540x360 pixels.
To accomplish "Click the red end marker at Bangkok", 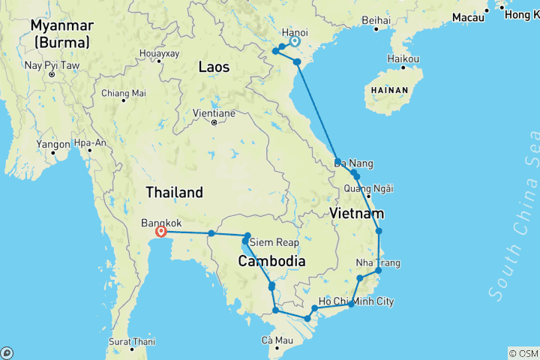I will [160, 232].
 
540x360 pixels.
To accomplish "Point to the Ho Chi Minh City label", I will [355, 302].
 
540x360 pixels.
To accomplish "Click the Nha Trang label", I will [378, 263].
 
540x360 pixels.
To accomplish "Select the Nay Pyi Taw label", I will [51, 64].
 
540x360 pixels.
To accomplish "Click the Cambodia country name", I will [271, 262].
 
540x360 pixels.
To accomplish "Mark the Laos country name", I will [214, 67].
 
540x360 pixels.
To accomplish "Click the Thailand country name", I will [174, 192].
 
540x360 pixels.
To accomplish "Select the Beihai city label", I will [375, 20].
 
